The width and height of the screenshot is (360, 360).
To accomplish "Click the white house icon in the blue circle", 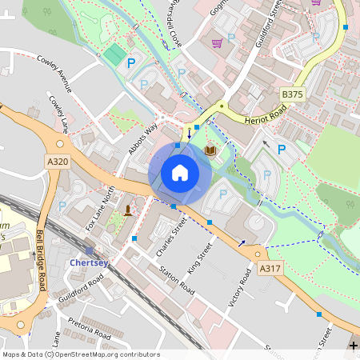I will pyautogui.click(x=180, y=173).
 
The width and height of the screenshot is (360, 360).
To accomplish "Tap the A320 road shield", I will pyautogui.click(x=58, y=162).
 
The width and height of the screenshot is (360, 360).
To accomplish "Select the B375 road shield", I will pyautogui.click(x=293, y=94).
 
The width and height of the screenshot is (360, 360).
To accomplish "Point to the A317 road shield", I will pyautogui.click(x=270, y=271).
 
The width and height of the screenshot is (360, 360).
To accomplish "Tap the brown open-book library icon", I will pyautogui.click(x=210, y=150).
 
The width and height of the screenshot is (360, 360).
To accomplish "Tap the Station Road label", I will pyautogui.click(x=176, y=276).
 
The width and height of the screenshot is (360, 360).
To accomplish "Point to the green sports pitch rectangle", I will pyautogui.click(x=115, y=54).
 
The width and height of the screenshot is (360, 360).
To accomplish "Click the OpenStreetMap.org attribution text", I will pyautogui.click(x=108, y=354).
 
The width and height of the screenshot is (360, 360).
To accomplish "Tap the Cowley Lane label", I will pyautogui.click(x=59, y=113).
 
